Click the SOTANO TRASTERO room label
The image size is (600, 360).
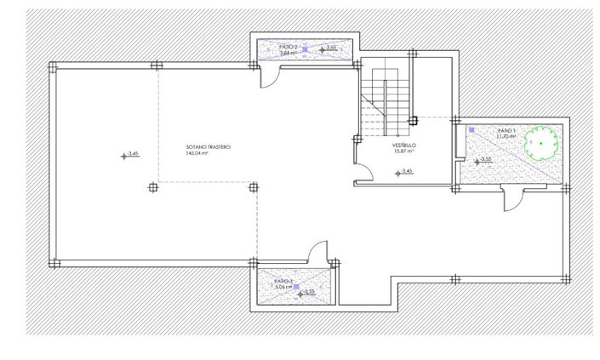[x=208, y=147]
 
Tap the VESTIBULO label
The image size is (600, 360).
[x=403, y=146]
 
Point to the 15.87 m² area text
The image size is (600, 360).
[x=403, y=152]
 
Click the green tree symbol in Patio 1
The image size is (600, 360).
[x=540, y=143]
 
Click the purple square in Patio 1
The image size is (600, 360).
[x=471, y=129]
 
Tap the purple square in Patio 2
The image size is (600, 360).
[x=304, y=49]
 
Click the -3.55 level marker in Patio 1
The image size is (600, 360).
[x=483, y=160]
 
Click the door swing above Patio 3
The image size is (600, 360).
[x=320, y=253]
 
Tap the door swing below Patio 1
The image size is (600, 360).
[x=513, y=197]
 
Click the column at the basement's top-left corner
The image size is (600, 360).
[x=53, y=66]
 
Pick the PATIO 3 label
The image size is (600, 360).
[x=283, y=281]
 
